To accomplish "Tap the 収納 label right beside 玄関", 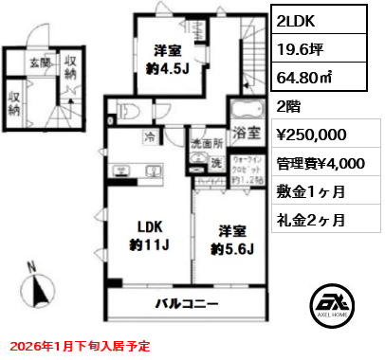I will [x=70, y=66].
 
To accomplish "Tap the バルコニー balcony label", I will [x=187, y=305].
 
